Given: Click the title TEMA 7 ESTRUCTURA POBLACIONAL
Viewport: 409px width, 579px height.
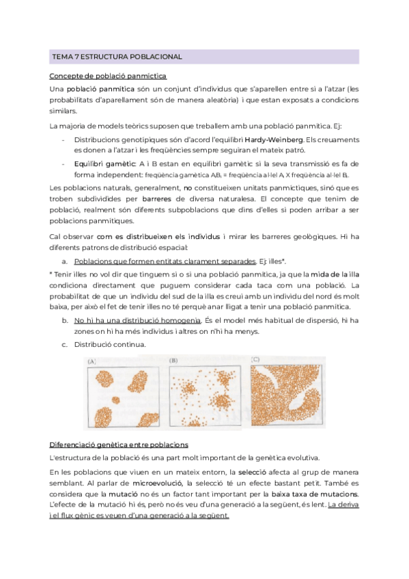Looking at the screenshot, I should pyautogui.click(x=117, y=57).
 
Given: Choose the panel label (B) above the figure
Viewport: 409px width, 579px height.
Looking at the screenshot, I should pyautogui.click(x=174, y=360).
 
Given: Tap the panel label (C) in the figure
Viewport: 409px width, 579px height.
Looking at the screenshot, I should pyautogui.click(x=256, y=359).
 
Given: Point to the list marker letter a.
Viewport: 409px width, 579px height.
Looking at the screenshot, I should pyautogui.click(x=64, y=262).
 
